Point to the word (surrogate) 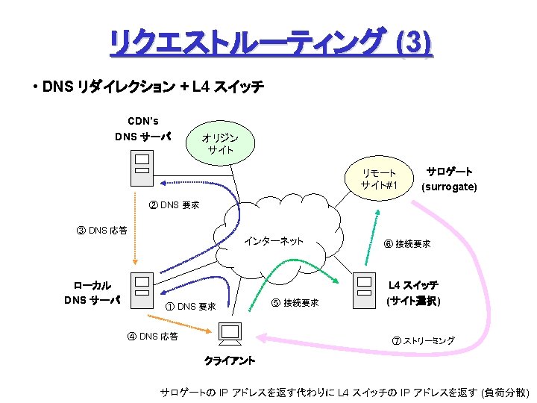[x=449, y=187]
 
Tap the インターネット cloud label [x=274, y=240]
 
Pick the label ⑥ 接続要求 [x=406, y=244]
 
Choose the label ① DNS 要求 [x=190, y=306]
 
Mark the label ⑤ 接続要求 [x=295, y=302]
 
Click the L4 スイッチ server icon [x=363, y=290]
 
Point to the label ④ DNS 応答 [x=152, y=336]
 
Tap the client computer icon [x=230, y=336]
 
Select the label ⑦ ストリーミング [x=423, y=340]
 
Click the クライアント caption [x=230, y=361]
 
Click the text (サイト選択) [x=413, y=302]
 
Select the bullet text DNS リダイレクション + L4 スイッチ [x=153, y=87]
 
